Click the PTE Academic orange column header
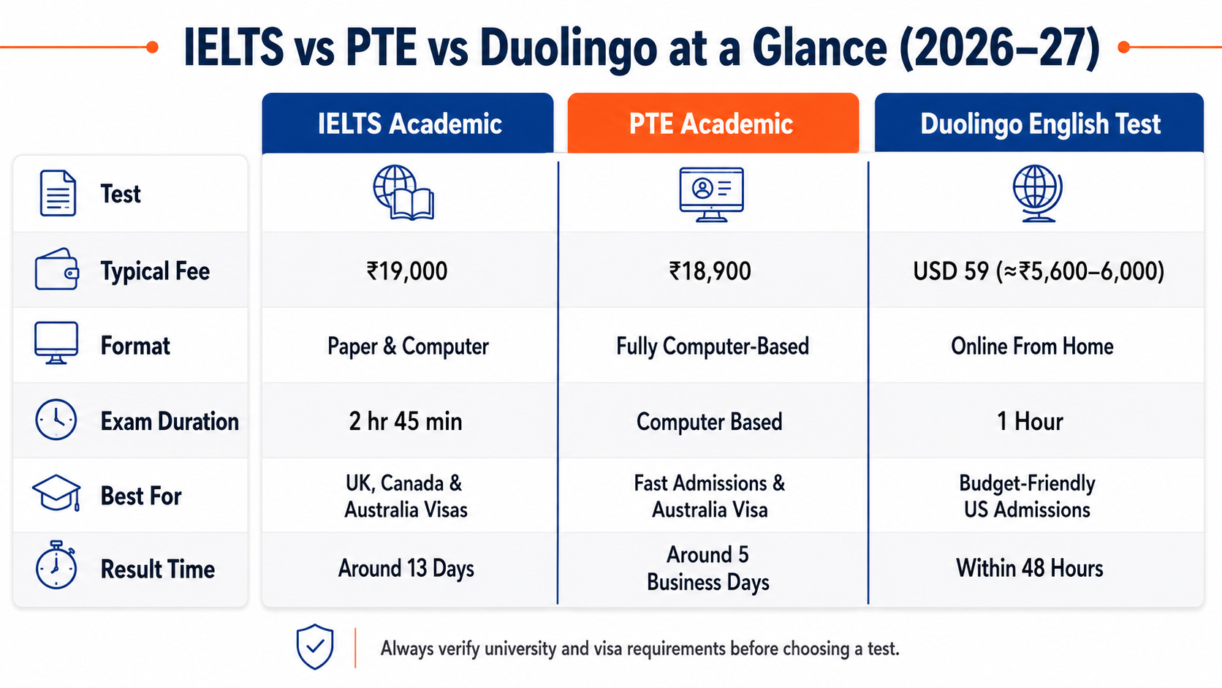pyautogui.click(x=713, y=123)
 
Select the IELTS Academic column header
pyautogui.click(x=408, y=123)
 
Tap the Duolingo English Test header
pyautogui.click(x=1039, y=123)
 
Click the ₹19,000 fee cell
pyautogui.click(x=407, y=271)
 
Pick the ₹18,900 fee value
pyautogui.click(x=710, y=271)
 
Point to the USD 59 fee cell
pyautogui.click(x=1039, y=271)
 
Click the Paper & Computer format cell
pyautogui.click(x=408, y=347)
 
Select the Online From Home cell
pyautogui.click(x=1032, y=347)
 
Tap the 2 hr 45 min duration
pyautogui.click(x=406, y=422)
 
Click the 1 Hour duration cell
pyautogui.click(x=1030, y=422)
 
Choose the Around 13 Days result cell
pyautogui.click(x=406, y=569)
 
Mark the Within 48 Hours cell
pyautogui.click(x=1030, y=569)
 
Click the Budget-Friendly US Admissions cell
pyautogui.click(x=1028, y=496)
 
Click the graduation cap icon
pyautogui.click(x=57, y=493)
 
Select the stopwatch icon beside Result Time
pyautogui.click(x=56, y=565)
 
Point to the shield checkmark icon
pyautogui.click(x=315, y=646)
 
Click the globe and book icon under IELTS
pyautogui.click(x=403, y=192)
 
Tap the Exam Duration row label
pyautogui.click(x=170, y=422)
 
